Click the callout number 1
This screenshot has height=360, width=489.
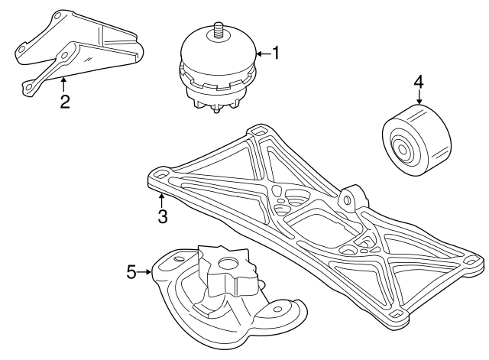(276, 53)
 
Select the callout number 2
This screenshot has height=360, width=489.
(65, 102)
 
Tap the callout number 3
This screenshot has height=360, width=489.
(163, 216)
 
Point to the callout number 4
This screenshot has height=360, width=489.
(419, 82)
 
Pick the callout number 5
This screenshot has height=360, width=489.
(131, 271)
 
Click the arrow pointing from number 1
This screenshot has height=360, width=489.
(264, 54)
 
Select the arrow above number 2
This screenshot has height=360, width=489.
(63, 84)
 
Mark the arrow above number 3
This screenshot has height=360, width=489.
(161, 200)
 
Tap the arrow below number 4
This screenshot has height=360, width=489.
(419, 97)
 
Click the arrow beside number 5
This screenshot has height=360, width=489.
(144, 272)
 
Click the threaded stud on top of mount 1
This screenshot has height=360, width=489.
(217, 31)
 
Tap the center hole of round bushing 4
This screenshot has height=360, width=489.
(403, 151)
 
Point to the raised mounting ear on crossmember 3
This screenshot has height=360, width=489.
(351, 199)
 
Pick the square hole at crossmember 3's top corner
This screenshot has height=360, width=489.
(259, 129)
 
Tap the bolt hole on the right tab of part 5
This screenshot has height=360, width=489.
(277, 309)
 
